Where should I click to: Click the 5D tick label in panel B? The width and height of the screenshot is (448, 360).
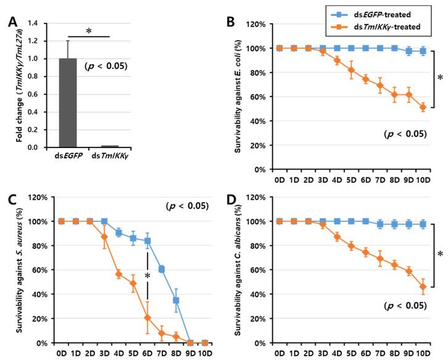pyautogui.click(x=350, y=182)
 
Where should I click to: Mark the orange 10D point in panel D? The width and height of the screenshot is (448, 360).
pyautogui.click(x=423, y=287)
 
